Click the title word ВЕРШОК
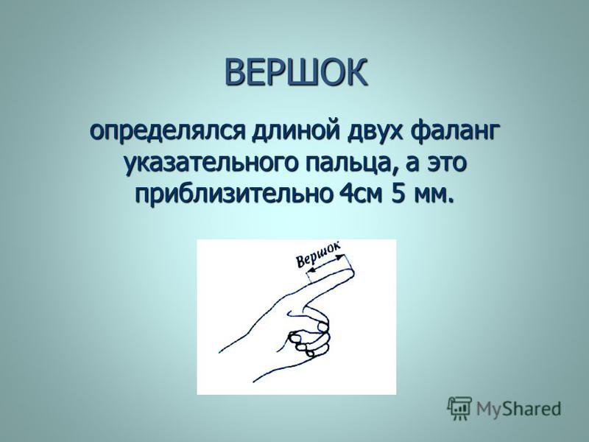pos(296,72)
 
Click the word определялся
pos(166,133)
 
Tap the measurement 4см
pos(362,195)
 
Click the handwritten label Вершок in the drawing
pos(318,254)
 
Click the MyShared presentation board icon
pos(459,408)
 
